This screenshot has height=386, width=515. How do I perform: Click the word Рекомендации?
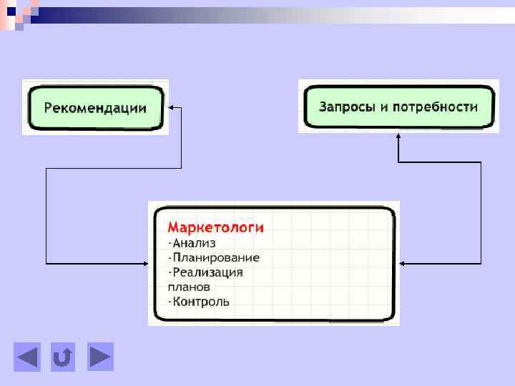point(95,108)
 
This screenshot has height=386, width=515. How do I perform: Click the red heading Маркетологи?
point(215,227)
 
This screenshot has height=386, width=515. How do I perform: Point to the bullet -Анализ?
point(191,243)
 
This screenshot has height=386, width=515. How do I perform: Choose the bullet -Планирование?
point(214,257)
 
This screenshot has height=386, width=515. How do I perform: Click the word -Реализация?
point(205,272)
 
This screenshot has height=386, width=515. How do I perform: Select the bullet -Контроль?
point(199,301)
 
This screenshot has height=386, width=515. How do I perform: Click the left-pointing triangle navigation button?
point(27,357)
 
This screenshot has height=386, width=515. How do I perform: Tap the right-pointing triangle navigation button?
point(100,357)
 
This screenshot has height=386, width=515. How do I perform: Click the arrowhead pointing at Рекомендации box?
point(172,108)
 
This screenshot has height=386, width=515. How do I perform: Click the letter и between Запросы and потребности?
point(384,107)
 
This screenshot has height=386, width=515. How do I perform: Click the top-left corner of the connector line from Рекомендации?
point(46,169)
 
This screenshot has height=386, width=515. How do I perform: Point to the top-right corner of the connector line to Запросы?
point(481,162)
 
